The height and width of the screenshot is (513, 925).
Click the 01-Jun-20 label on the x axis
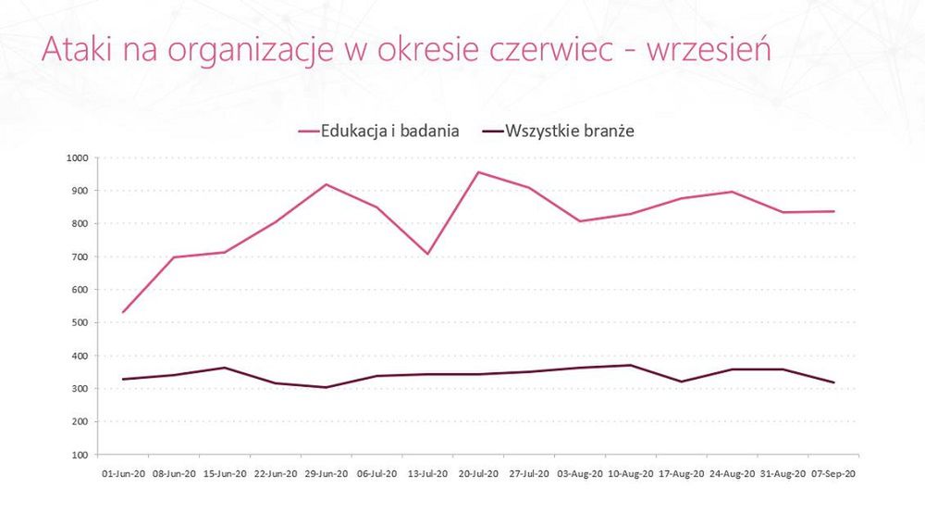pos(122,472)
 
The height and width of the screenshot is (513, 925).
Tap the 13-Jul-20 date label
pos(427,472)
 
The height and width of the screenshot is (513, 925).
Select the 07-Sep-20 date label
pos(833,472)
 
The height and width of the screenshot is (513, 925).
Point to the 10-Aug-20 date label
pos(631,472)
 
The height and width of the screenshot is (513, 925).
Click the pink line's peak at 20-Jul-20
pos(478,172)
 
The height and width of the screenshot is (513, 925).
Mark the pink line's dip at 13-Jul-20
pos(427,254)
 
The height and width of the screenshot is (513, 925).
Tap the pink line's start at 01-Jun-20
pos(122,312)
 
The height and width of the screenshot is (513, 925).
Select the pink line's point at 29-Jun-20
pos(326,184)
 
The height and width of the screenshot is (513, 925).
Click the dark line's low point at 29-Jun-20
pos(326,387)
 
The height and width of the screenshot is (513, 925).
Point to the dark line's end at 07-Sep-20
pos(833,382)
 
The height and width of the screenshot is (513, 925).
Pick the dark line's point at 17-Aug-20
pos(682,382)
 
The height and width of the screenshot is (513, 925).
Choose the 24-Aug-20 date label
pos(733,472)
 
